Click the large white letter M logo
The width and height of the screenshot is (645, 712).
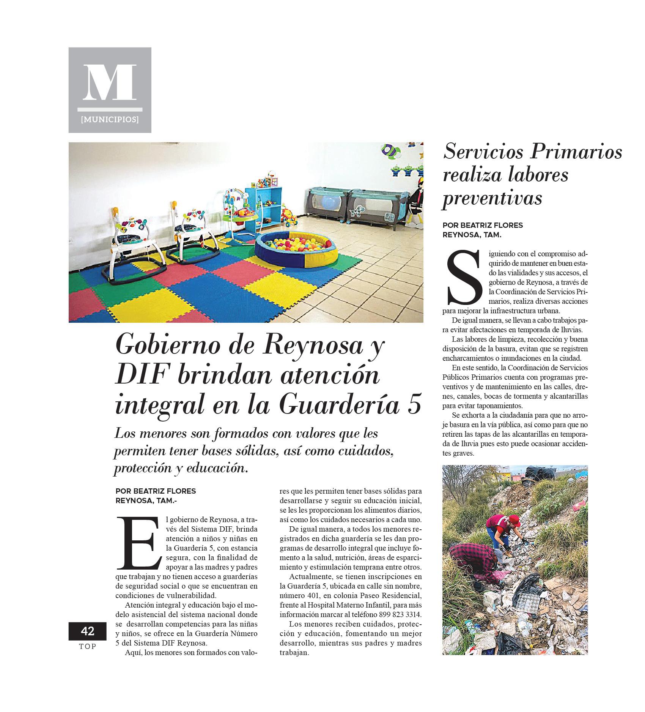[110, 82]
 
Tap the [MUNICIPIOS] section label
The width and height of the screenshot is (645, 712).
[110, 120]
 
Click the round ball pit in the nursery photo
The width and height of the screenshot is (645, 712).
[296, 247]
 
